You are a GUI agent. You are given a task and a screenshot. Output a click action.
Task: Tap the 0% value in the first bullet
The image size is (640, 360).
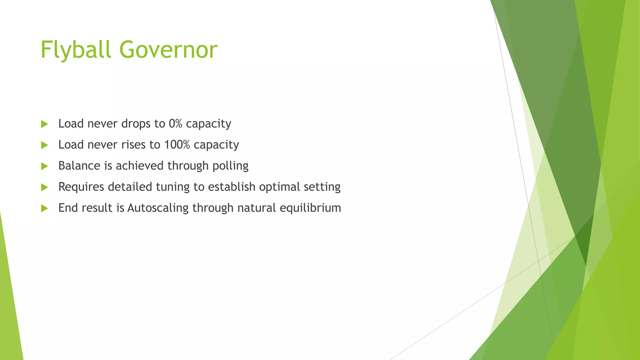point(175,124)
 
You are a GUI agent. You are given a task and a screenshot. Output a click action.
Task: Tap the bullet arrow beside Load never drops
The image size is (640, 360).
point(44,124)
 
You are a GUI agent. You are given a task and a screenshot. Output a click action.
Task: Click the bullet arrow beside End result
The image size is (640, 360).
point(44,208)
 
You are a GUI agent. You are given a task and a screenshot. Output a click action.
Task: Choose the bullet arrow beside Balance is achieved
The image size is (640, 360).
point(44,166)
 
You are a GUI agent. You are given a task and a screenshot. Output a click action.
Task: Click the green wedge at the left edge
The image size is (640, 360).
point(9,312)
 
